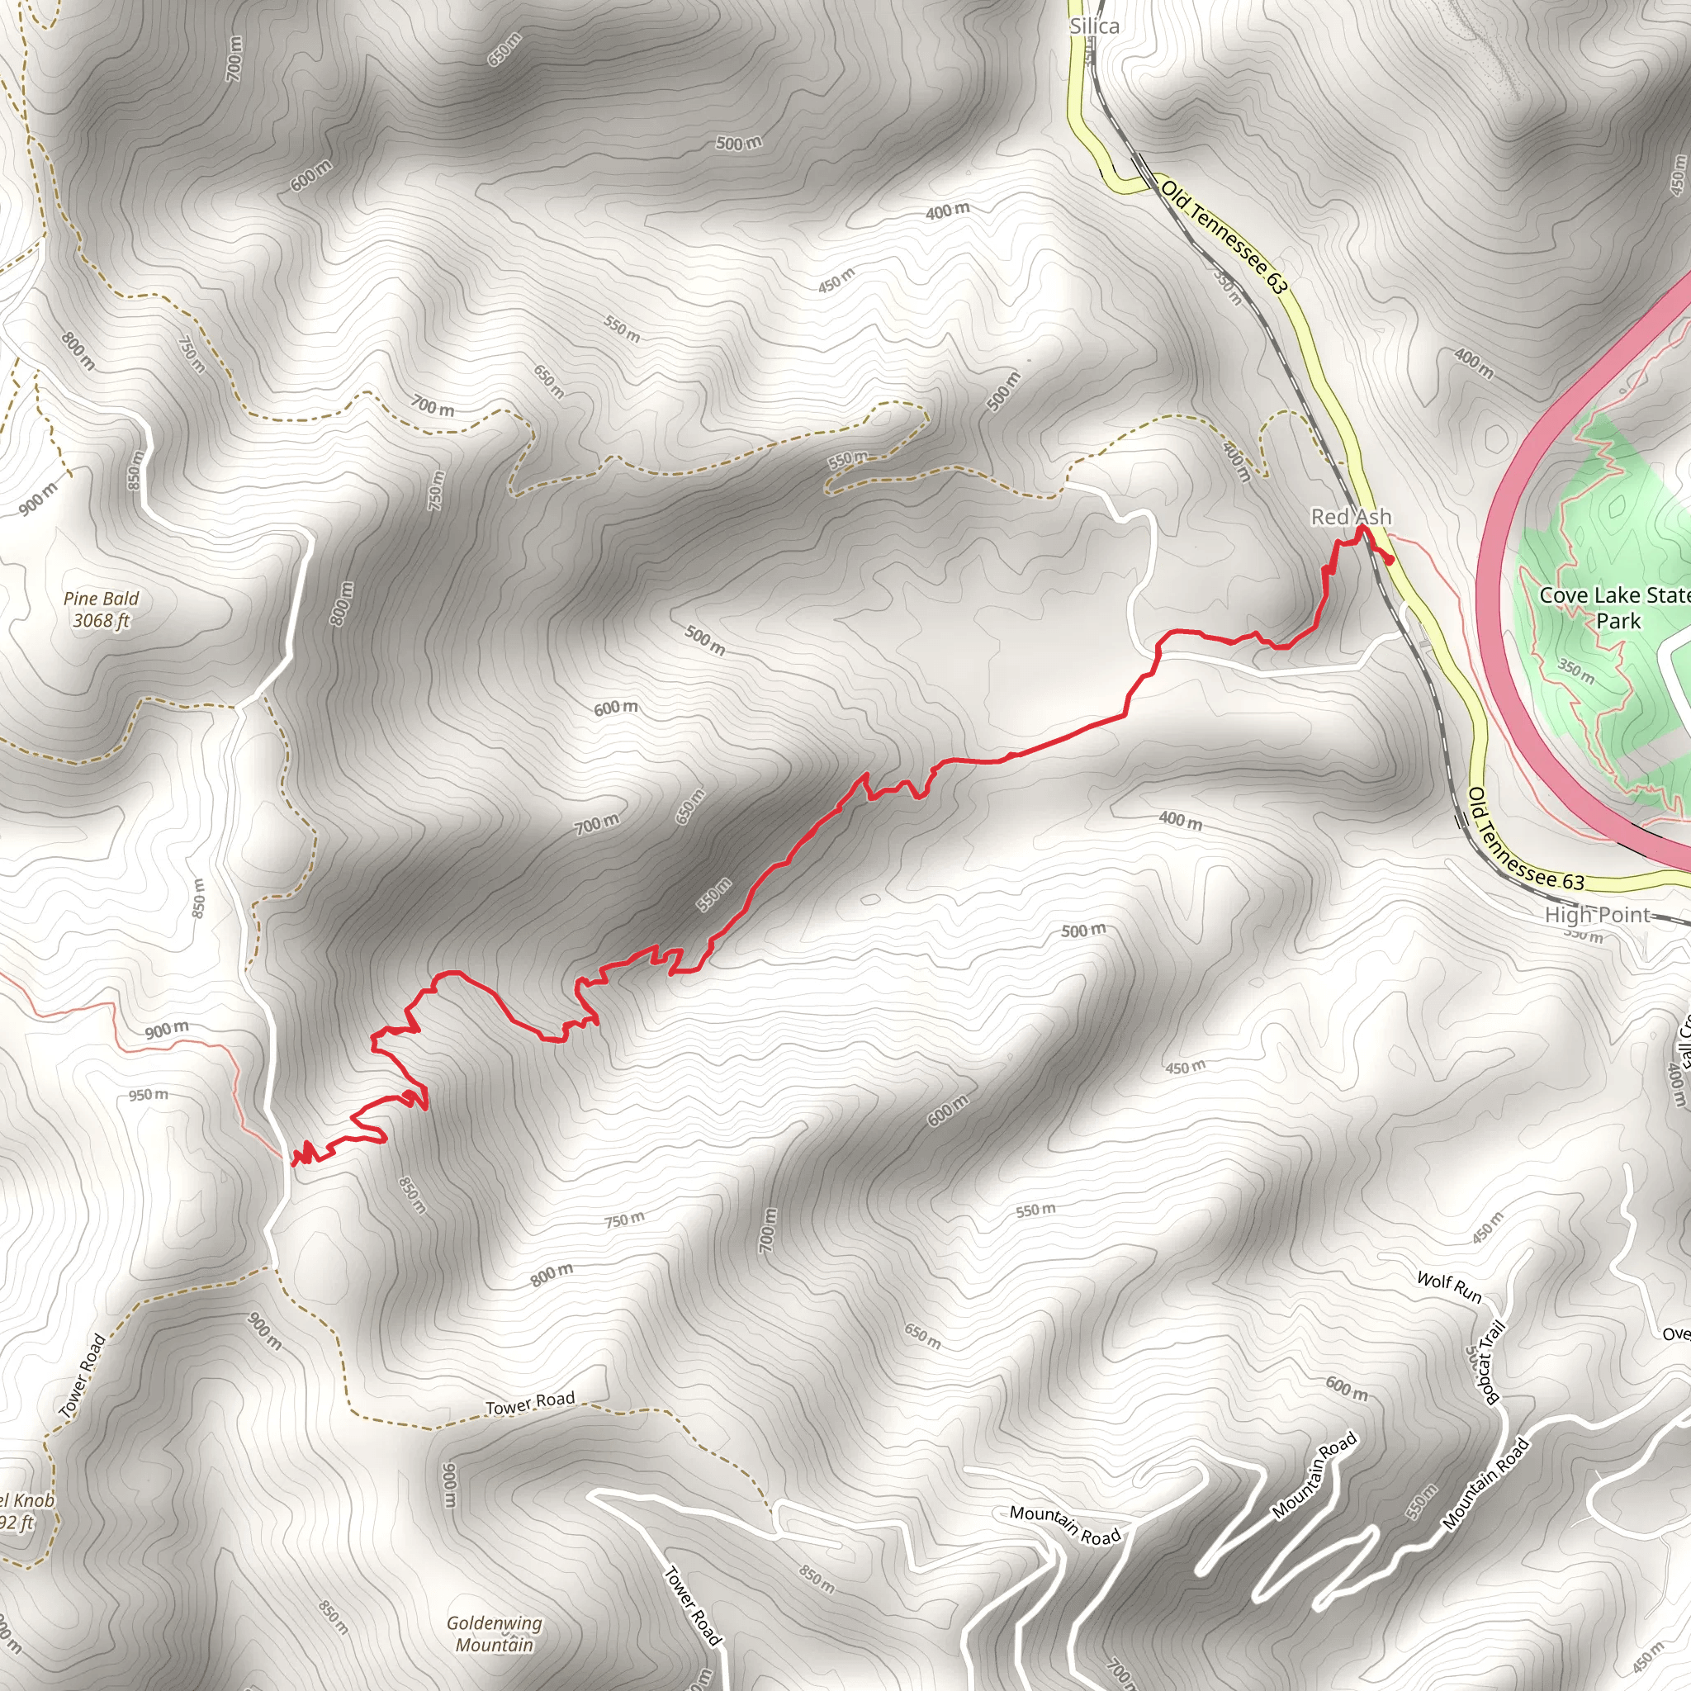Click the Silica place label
(x=1094, y=26)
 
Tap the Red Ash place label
(x=1351, y=517)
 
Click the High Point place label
(x=1598, y=916)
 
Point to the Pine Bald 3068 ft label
(x=102, y=609)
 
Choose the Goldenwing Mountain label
(x=495, y=1633)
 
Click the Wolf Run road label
(x=1449, y=1287)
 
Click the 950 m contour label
(x=148, y=1095)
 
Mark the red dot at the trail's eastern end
(x=1390, y=561)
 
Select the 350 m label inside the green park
(x=1575, y=670)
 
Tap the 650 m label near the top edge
(x=504, y=49)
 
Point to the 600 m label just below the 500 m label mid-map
(x=615, y=708)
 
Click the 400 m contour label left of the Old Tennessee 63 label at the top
(x=948, y=210)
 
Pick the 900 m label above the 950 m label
(x=166, y=1030)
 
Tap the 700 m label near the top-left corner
(x=234, y=59)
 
